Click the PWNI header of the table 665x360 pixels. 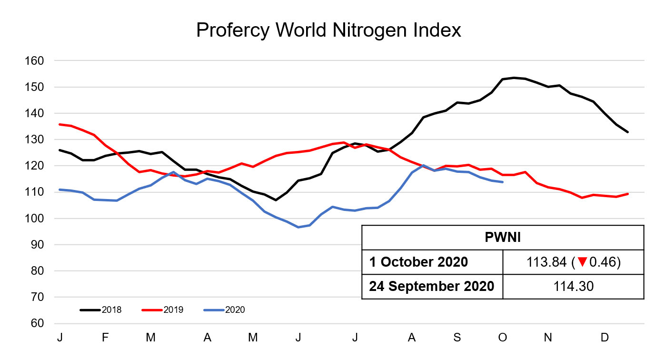pos(503,237)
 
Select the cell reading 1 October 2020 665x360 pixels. pos(418,262)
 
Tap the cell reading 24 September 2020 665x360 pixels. pos(431,287)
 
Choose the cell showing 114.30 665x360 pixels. pos(573,287)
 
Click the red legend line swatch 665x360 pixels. pos(152,310)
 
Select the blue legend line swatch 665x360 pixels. pos(214,310)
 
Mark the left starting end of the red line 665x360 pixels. pos(60,124)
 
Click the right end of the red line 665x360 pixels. pos(628,194)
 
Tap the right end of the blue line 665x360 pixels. pos(503,182)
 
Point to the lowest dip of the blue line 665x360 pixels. pos(299,227)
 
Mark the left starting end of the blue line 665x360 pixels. pos(60,190)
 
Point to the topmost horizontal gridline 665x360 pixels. pos(349,60)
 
